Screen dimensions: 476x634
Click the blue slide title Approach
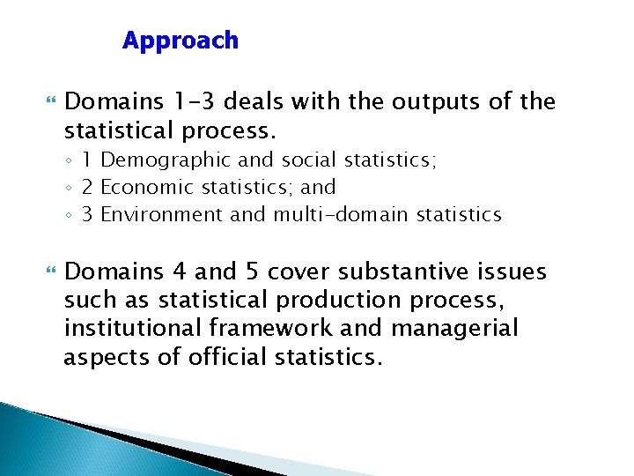181,41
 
